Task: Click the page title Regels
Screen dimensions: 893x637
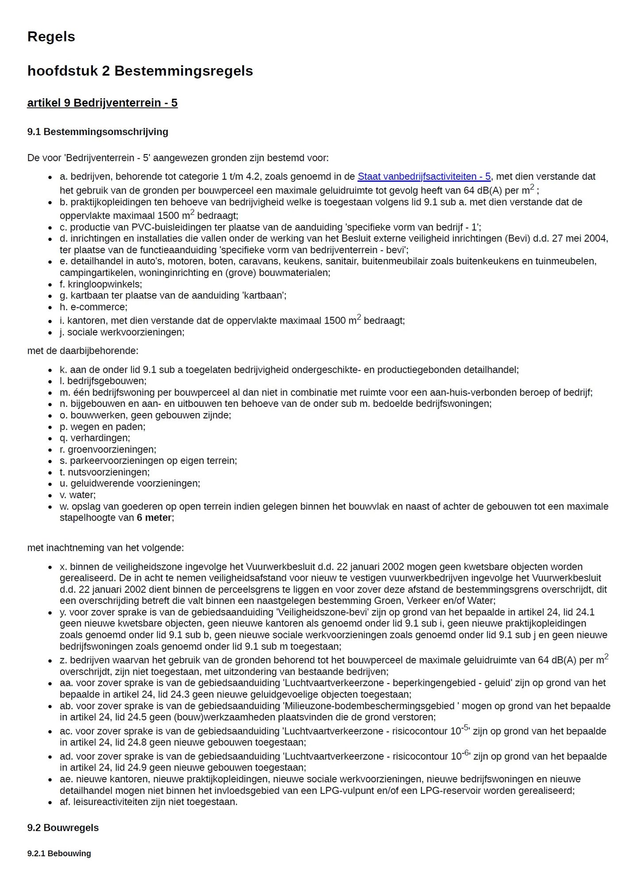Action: pyautogui.click(x=51, y=36)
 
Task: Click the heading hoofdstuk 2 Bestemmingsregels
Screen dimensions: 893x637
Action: pyautogui.click(x=140, y=71)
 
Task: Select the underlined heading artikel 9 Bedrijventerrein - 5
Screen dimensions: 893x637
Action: pyautogui.click(x=102, y=103)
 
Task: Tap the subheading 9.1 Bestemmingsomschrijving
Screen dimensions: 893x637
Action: pyautogui.click(x=97, y=132)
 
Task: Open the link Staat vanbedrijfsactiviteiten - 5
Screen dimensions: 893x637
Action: pyautogui.click(x=424, y=177)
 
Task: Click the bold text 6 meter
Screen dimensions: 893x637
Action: pyautogui.click(x=154, y=518)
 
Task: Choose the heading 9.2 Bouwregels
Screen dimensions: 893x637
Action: pyautogui.click(x=63, y=828)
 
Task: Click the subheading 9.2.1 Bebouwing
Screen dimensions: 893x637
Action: pyautogui.click(x=59, y=854)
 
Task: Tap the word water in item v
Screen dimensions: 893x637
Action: pyautogui.click(x=82, y=495)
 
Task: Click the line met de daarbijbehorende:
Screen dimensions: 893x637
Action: pyautogui.click(x=83, y=351)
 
